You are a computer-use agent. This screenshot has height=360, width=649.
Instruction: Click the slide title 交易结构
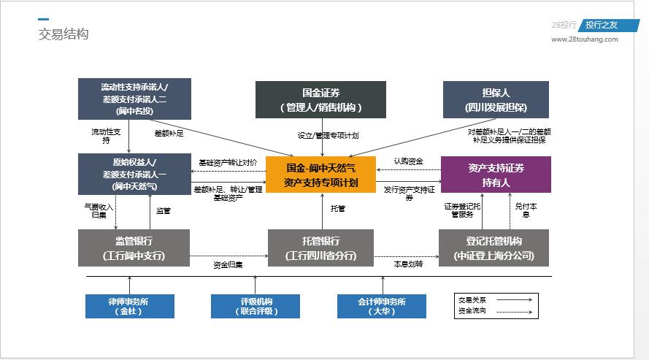[x=64, y=34]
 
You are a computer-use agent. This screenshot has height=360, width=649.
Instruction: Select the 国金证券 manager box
[x=320, y=99]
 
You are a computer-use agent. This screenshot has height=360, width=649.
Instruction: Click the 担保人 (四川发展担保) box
[x=496, y=99]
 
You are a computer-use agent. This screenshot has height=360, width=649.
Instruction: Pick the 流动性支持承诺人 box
[x=134, y=99]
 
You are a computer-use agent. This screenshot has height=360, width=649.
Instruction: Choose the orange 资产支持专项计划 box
[x=320, y=175]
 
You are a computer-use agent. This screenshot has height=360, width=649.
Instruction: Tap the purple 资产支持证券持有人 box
[x=496, y=175]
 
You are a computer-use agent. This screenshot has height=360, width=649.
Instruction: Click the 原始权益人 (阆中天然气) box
[x=134, y=174]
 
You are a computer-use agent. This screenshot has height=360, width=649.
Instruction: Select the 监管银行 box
[x=134, y=248]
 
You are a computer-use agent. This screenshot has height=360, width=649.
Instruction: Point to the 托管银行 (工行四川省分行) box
[x=320, y=248]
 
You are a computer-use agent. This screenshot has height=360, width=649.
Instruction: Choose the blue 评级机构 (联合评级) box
[x=255, y=306]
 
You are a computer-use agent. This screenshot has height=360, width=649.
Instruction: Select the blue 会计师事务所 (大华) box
[x=381, y=306]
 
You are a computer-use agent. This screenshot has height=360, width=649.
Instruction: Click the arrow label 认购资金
[x=408, y=161]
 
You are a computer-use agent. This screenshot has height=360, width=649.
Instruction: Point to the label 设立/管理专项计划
[x=328, y=135]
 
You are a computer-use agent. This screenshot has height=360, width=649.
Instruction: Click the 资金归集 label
[x=228, y=264]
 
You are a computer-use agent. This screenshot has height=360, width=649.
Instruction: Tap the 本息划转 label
[x=408, y=264]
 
